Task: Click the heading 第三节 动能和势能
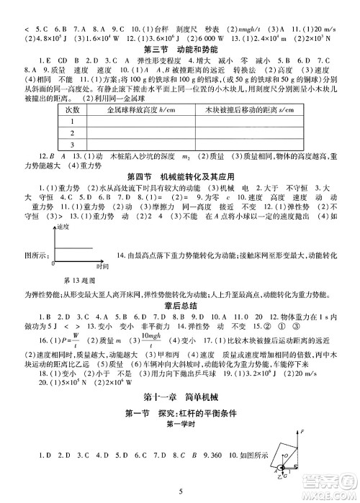(x=179, y=48)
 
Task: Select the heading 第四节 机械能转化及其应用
(x=179, y=176)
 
